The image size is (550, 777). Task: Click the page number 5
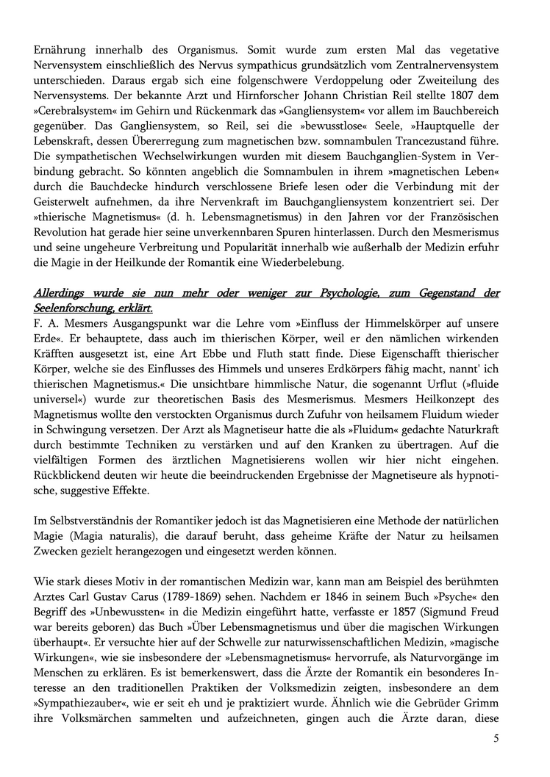tap(496, 739)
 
